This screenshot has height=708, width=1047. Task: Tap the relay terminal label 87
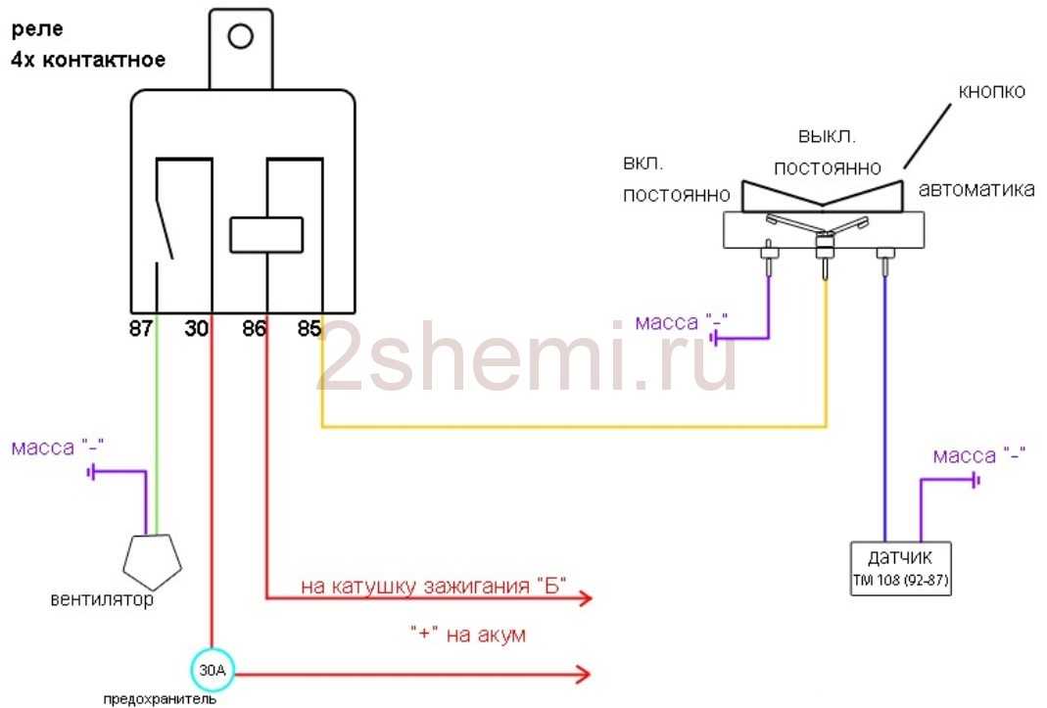pos(141,329)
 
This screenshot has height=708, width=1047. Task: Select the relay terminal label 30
pos(198,329)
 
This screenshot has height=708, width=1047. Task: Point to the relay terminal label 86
pos(254,329)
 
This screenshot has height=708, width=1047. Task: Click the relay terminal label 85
pos(309,329)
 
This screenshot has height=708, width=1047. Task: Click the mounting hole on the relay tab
pos(240,37)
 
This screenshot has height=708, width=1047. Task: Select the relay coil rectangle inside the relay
pos(266,235)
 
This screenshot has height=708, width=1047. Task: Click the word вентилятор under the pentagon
pos(103,599)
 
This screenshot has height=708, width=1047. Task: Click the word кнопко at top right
pos(991,92)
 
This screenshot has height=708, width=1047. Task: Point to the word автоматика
pos(976,190)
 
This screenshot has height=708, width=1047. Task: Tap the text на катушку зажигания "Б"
pos(434,587)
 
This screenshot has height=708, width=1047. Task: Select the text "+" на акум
pos(468,636)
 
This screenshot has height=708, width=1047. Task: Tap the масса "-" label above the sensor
pos(978,456)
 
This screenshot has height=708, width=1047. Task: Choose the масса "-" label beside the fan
pos(58,448)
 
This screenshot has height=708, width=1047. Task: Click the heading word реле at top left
pos(33,31)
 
